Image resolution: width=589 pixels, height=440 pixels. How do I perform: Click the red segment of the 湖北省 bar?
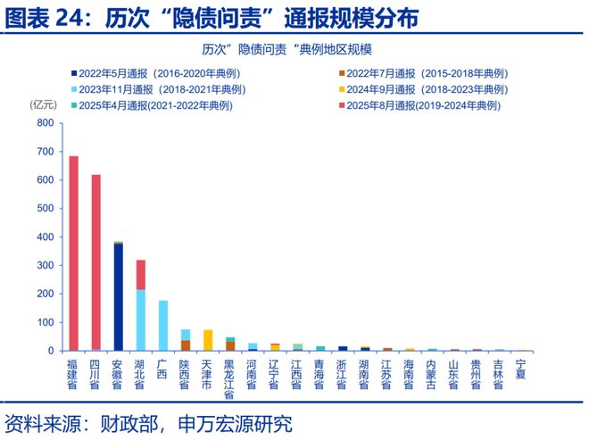click(141, 273)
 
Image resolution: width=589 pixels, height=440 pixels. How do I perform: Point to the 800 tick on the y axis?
click(44, 123)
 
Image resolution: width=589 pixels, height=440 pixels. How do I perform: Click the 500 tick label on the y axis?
click(44, 209)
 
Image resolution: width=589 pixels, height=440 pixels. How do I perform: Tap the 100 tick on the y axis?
click(44, 322)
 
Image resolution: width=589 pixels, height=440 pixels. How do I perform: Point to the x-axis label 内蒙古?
click(433, 373)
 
